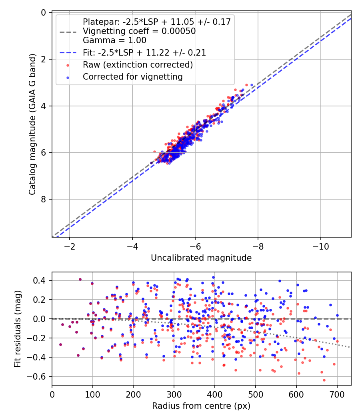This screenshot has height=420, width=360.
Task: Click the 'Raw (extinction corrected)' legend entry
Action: (138, 65)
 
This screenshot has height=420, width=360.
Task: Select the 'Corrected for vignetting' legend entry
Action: (132, 77)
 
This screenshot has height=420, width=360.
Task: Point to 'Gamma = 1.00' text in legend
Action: (114, 40)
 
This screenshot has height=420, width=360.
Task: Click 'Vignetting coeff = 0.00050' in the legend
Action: (139, 31)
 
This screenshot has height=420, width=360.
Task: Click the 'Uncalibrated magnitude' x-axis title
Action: (201, 258)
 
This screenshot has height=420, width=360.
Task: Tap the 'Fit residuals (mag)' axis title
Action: (17, 329)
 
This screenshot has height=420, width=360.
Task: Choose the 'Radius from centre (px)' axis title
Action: (201, 406)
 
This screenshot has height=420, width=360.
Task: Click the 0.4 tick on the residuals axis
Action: (40, 280)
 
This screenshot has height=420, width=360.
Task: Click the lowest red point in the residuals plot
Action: (324, 380)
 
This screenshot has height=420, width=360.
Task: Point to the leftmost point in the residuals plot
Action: (60, 344)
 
